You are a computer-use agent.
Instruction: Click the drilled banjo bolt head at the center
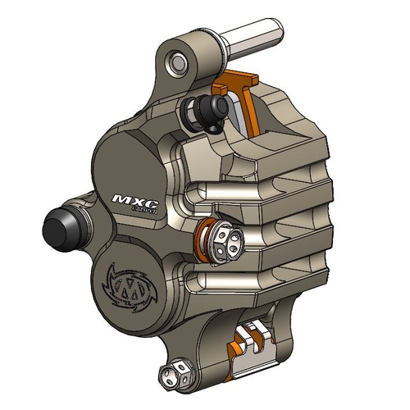click(x=225, y=238)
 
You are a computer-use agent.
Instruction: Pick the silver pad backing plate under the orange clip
click(x=249, y=111)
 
